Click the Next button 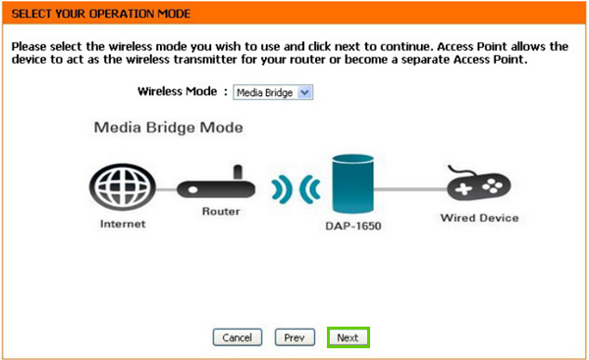pos(348,337)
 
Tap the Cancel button pos(238,337)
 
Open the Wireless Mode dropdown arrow pos(304,92)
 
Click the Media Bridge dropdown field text pos(264,92)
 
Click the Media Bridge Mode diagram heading pos(168,128)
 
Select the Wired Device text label pos(479,217)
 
